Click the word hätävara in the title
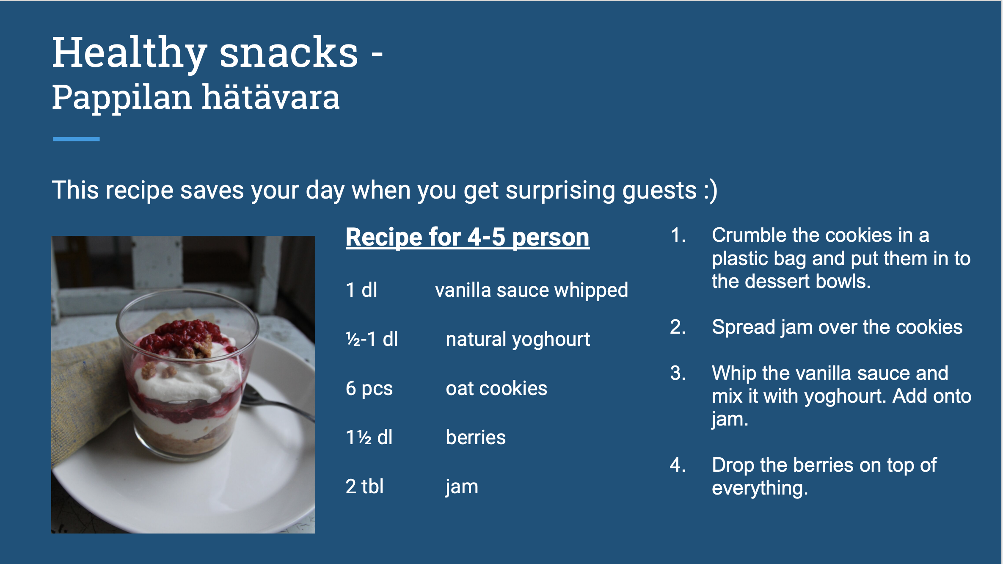[271, 97]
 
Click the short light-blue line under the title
[76, 139]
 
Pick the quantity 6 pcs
[369, 389]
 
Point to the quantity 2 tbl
[364, 487]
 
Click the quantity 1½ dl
[369, 437]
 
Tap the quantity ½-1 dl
[372, 339]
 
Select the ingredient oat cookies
[496, 388]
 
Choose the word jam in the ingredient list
[462, 487]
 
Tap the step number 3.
[678, 373]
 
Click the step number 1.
[678, 235]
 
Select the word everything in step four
[760, 489]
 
